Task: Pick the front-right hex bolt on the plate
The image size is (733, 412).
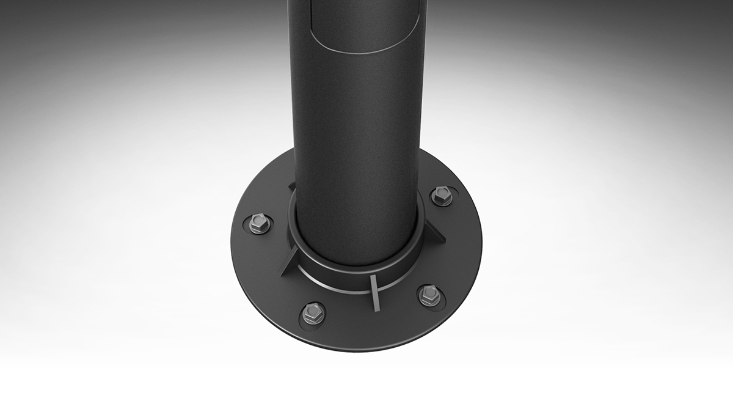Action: point(429,295)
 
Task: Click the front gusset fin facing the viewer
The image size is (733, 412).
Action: point(374,292)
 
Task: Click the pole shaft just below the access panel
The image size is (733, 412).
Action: point(357,122)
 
